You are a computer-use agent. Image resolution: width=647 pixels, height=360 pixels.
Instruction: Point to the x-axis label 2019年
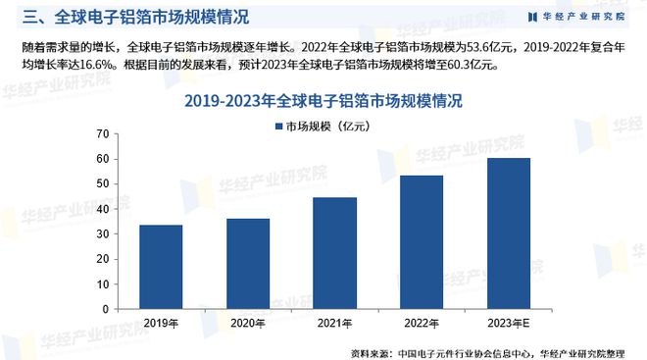(161, 322)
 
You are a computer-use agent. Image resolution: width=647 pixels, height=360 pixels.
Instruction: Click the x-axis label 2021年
(334, 322)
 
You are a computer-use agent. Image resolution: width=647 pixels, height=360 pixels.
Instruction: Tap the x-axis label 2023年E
(508, 322)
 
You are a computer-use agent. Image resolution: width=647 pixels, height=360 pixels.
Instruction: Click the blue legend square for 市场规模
(277, 128)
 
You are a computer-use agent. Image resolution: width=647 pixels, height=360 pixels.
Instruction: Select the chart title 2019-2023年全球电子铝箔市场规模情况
(323, 100)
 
